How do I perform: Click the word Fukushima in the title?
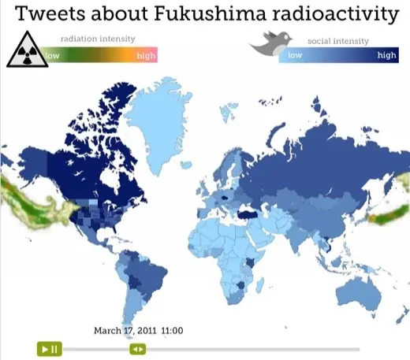[x=192, y=14]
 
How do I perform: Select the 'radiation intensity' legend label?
[x=98, y=39]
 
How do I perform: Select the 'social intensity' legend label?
[x=338, y=39]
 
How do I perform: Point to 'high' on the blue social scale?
[x=386, y=55]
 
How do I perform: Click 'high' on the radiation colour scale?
[x=146, y=55]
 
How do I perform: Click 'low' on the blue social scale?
[x=295, y=55]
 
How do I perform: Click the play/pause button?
[x=49, y=348]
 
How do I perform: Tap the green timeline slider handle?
[x=138, y=348]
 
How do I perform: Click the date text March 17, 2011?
[x=125, y=330]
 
